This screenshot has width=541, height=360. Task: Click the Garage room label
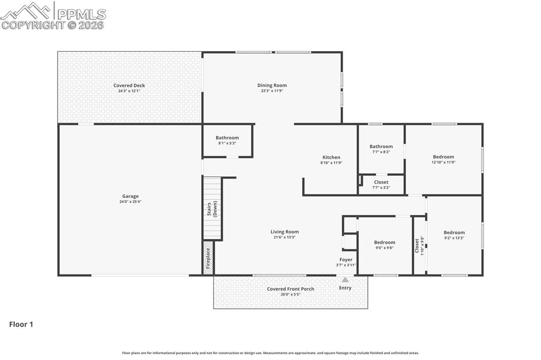[x=130, y=196]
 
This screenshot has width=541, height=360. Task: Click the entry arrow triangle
[x=345, y=280]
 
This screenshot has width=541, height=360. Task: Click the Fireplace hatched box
[x=208, y=259]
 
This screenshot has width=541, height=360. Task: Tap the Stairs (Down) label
[x=212, y=209]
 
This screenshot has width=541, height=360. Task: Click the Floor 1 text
[x=21, y=325]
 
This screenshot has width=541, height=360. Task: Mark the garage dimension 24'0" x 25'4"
[x=130, y=202]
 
